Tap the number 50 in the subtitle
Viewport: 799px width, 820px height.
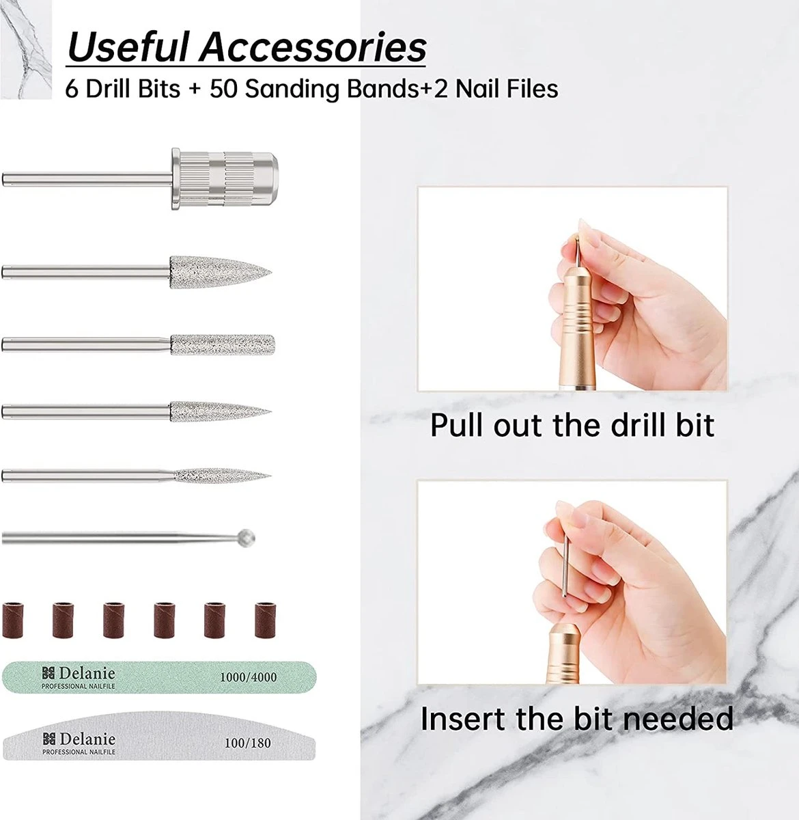(x=224, y=89)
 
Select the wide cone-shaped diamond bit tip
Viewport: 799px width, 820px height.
(x=219, y=271)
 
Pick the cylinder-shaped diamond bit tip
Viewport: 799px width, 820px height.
(x=222, y=344)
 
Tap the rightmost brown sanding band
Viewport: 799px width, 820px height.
(x=266, y=620)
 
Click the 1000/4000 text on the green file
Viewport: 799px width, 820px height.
(x=247, y=677)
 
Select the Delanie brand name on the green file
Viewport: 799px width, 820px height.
(x=87, y=674)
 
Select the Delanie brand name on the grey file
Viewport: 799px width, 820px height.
(x=87, y=739)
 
